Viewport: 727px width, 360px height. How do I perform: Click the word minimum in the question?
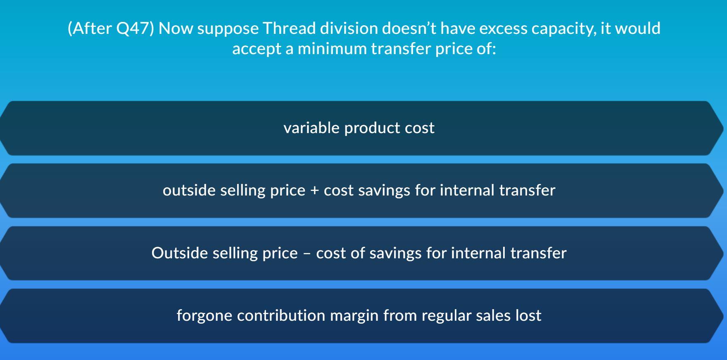click(332, 49)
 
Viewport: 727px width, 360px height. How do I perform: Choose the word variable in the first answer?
click(311, 128)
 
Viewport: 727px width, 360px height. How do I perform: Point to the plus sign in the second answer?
click(315, 191)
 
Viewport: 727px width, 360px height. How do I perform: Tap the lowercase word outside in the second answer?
click(189, 190)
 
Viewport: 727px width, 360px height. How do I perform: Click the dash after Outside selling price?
click(307, 253)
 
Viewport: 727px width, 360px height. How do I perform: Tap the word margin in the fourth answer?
click(354, 315)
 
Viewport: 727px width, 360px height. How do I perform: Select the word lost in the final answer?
click(528, 315)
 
